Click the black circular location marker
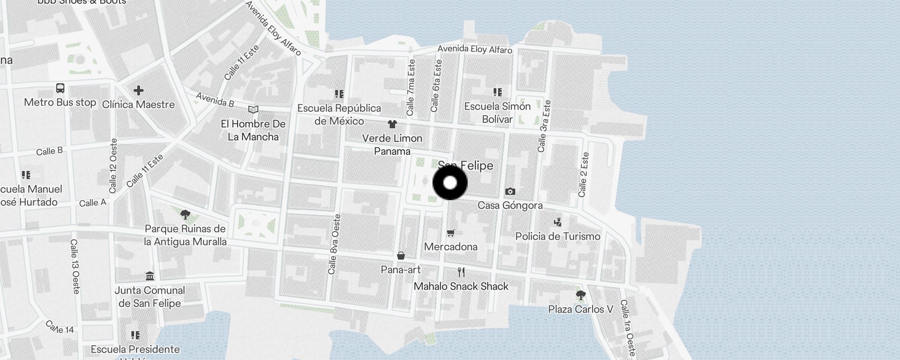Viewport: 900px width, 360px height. tap(450, 183)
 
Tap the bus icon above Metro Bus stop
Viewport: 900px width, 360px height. tap(60, 88)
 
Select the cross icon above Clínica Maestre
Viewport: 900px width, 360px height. tap(138, 90)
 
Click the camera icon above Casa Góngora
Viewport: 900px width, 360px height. tap(510, 192)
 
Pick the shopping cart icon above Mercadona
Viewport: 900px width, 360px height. tap(451, 233)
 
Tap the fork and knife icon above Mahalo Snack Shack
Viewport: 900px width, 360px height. tap(461, 272)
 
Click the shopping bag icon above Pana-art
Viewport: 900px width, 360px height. tap(400, 256)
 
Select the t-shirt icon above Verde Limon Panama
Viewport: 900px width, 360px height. tap(392, 124)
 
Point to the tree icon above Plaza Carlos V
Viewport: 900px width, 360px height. tap(580, 295)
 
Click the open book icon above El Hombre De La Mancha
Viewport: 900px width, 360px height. tap(253, 110)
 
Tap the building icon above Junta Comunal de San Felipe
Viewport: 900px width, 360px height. tap(150, 276)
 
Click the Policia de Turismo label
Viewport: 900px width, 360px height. tap(558, 236)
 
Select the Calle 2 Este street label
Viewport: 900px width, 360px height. tap(583, 175)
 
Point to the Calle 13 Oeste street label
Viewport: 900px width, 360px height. tap(75, 266)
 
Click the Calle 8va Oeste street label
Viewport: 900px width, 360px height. tap(334, 244)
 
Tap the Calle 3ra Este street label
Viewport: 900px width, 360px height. tap(544, 126)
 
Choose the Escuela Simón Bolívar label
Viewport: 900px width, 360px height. tap(497, 112)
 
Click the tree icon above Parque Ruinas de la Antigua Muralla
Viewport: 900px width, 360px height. tap(185, 214)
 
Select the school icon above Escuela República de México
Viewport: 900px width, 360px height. tap(339, 94)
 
